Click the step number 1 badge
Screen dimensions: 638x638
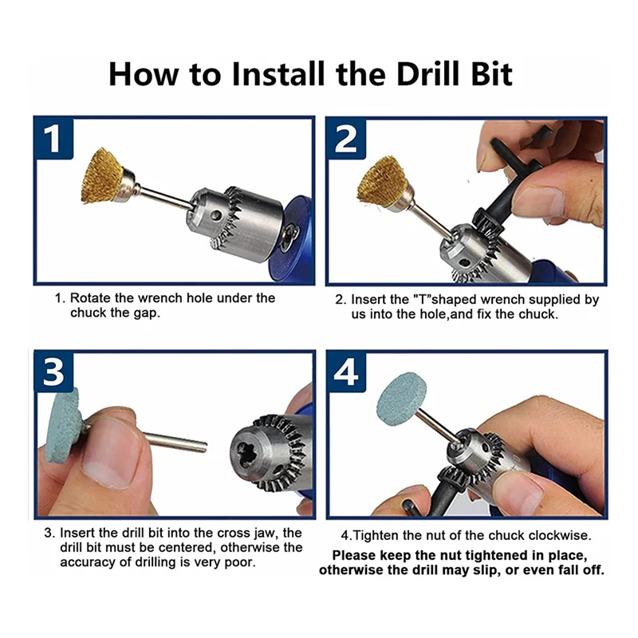click(53, 138)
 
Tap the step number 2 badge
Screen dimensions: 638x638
click(346, 139)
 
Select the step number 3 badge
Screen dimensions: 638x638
click(53, 372)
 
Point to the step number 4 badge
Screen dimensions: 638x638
click(346, 372)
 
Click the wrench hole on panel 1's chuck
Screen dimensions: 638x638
click(218, 213)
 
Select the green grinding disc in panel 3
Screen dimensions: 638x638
click(62, 426)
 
